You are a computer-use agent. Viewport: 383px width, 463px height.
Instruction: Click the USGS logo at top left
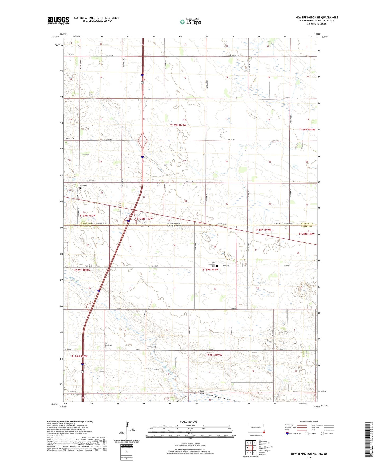click(x=58, y=20)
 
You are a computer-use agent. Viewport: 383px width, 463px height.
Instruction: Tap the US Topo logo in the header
click(x=190, y=22)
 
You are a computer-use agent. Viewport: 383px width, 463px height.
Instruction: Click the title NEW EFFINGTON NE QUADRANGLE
click(x=316, y=18)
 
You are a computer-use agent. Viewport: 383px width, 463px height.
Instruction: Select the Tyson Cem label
click(x=84, y=185)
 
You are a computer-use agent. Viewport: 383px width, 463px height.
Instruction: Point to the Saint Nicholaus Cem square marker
click(x=217, y=266)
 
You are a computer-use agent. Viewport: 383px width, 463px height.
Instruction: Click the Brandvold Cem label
click(x=153, y=347)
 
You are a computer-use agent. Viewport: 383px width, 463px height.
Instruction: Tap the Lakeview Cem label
click(x=153, y=369)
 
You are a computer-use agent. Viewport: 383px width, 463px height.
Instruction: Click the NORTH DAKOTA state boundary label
click(x=174, y=224)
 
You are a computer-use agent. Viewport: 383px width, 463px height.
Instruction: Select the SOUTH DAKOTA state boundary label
click(x=174, y=226)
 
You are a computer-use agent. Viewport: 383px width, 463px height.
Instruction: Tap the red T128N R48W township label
click(x=306, y=234)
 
